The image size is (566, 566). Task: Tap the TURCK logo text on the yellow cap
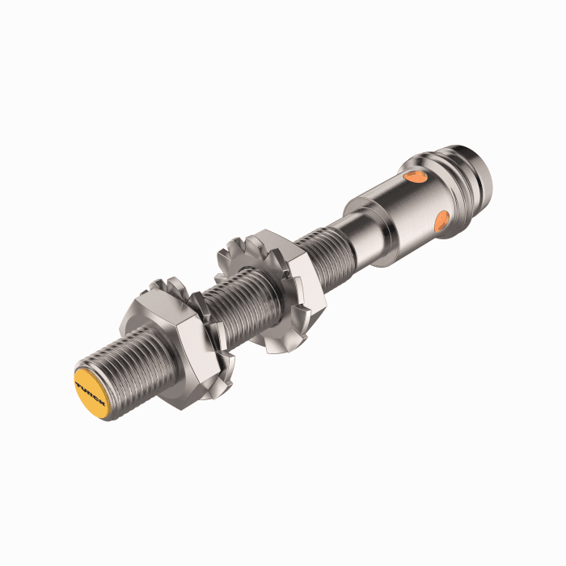coord(90,387)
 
